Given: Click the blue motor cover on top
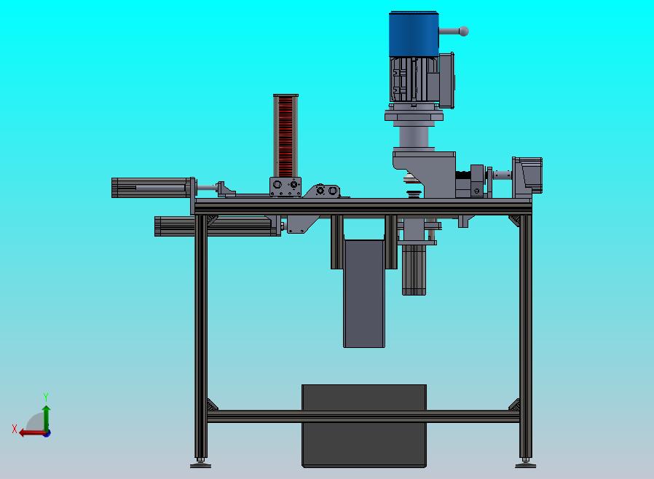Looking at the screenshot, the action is coord(414,33).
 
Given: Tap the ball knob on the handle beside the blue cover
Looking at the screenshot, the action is coord(463,31).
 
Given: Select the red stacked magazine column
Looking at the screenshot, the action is coord(285,136).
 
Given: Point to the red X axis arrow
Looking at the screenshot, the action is coord(34,433).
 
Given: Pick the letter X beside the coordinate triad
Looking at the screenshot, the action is coord(15,429).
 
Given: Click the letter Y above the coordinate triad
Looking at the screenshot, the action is coord(46,397).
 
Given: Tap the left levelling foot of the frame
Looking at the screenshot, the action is coord(200,463).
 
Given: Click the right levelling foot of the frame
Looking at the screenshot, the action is coord(526,463).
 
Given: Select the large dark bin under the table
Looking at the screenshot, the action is coord(364,426).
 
